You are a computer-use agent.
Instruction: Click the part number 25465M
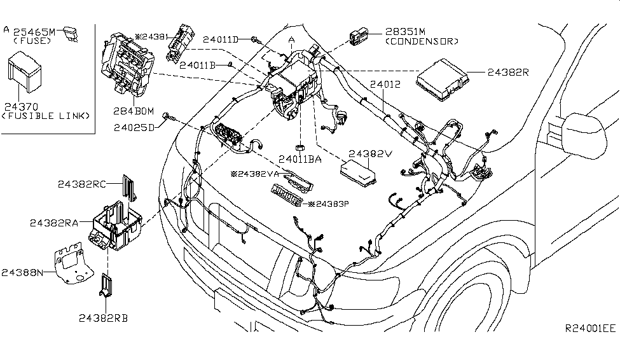pos(36,30)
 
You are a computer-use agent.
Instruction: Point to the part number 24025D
pos(135,127)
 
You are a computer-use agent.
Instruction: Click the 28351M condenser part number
pos(407,31)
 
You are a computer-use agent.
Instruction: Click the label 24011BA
pos(301,160)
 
